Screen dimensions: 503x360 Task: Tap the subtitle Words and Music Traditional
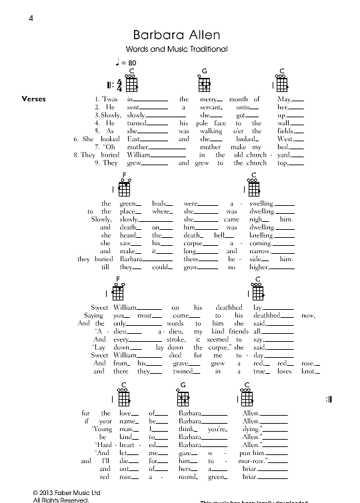[x=177, y=49]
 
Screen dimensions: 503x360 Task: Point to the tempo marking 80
[x=133, y=63]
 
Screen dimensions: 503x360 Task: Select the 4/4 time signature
[x=119, y=86]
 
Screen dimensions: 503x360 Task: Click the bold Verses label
[x=34, y=99]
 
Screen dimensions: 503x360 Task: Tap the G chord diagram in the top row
[x=205, y=83]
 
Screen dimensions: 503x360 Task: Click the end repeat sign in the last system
[x=329, y=399]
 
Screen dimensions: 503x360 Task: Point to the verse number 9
[x=97, y=163]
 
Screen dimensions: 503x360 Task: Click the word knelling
[x=261, y=235]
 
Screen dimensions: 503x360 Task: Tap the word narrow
[x=261, y=251]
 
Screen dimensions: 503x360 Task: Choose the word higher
[x=258, y=267]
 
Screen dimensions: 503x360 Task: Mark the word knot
[x=308, y=371]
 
